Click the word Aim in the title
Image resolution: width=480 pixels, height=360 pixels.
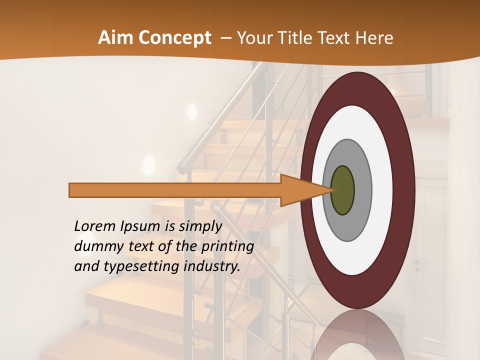coord(114,38)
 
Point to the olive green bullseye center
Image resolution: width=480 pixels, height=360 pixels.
coord(342,190)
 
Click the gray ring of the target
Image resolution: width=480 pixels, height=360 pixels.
coord(362,190)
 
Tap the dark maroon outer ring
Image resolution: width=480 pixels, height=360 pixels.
coord(405,190)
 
